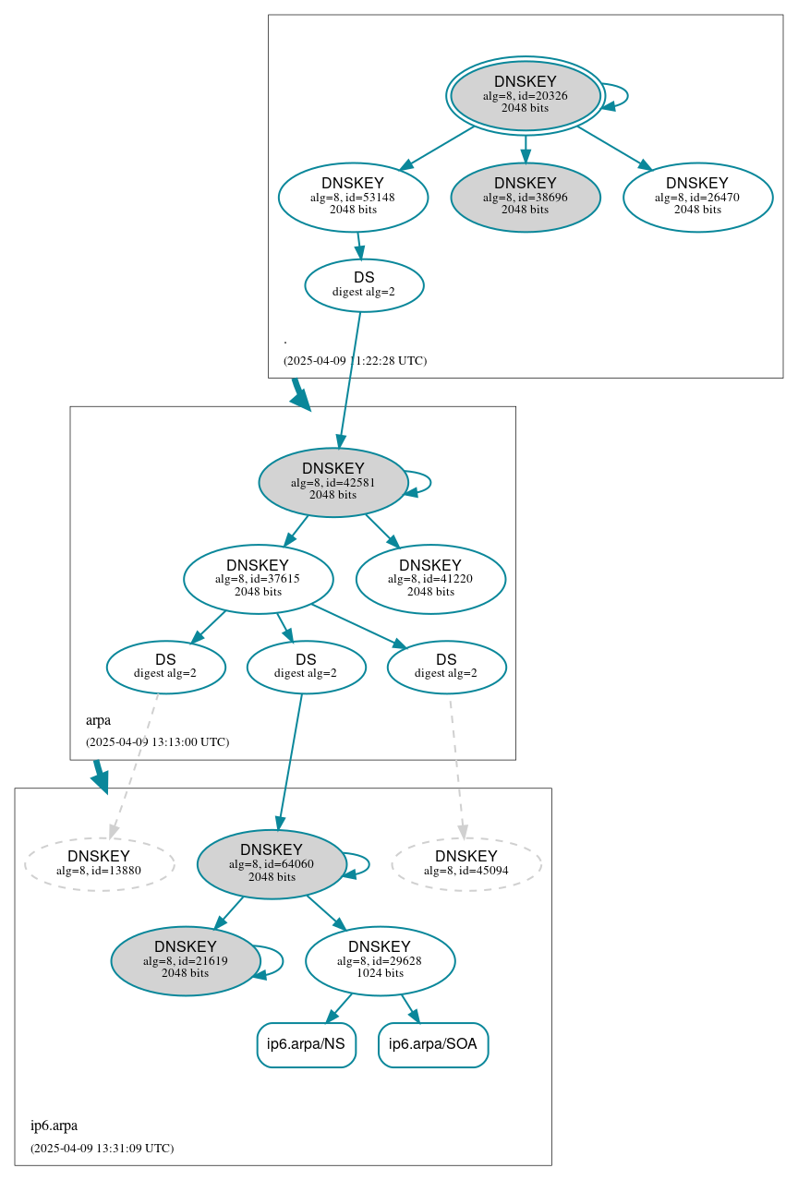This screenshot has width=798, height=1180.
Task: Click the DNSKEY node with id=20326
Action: coord(525,95)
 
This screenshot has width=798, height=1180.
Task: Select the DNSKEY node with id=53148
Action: coord(353,197)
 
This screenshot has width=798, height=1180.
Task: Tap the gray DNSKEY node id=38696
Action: coord(525,197)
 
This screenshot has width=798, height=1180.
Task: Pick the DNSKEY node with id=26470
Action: coord(697,197)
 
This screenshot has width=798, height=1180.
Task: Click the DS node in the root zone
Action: coord(364,284)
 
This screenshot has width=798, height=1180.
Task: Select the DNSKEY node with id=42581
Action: coord(332,482)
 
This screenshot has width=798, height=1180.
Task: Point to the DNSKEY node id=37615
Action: coord(258,579)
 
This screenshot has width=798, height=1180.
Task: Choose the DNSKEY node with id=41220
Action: coord(430,579)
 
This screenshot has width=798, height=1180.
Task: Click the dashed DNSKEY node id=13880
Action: coord(99,863)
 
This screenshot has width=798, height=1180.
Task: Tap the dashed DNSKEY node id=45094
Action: coord(466,863)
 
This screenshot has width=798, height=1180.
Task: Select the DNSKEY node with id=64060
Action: coord(272,863)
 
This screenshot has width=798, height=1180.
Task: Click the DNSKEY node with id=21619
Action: coord(186,960)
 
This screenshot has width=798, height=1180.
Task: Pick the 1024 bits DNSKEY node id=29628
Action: coord(380,960)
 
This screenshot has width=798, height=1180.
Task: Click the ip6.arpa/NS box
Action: coord(306,1044)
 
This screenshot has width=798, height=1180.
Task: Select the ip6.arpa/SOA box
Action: coord(433,1044)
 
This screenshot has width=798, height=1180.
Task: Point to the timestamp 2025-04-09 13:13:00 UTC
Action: coord(157,741)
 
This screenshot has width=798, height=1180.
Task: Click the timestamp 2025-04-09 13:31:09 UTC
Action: coord(102,1148)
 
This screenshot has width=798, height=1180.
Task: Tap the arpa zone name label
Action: coord(98,719)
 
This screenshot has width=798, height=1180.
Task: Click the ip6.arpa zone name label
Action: coord(54,1126)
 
